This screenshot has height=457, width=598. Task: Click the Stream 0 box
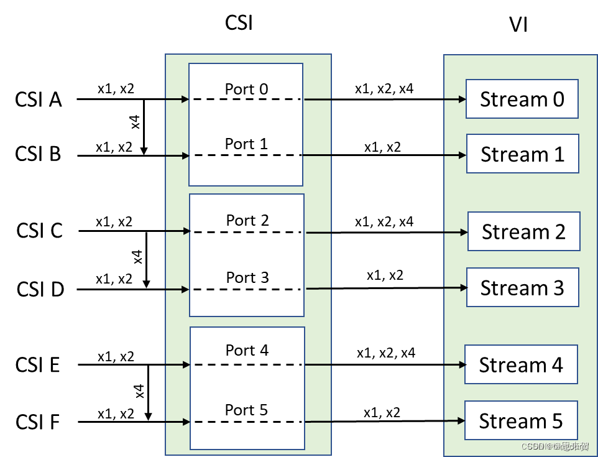(x=522, y=99)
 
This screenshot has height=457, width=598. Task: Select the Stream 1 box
(x=523, y=154)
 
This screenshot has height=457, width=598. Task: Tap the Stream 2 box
(x=524, y=231)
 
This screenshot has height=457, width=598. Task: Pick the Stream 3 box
(x=523, y=287)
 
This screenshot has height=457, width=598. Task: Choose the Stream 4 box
(x=522, y=364)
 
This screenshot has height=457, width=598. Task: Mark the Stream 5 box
(x=522, y=420)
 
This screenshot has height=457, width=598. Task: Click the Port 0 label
(x=246, y=90)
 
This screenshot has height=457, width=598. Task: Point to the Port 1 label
(x=246, y=144)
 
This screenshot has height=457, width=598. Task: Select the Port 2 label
(x=247, y=221)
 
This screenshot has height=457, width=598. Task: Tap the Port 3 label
(x=247, y=277)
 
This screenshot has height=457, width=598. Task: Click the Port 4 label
(x=247, y=351)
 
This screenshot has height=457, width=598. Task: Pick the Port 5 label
(x=246, y=410)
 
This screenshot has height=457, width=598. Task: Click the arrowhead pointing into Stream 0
(x=462, y=99)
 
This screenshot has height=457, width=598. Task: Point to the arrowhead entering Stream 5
(x=461, y=420)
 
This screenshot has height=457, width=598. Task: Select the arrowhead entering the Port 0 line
(x=185, y=99)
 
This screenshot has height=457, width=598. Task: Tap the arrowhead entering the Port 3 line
(x=185, y=289)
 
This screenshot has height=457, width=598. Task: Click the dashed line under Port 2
(x=247, y=232)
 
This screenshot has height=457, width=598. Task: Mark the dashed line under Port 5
(x=247, y=422)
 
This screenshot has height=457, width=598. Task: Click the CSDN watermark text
(x=554, y=446)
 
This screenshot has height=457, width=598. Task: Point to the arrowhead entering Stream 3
(x=463, y=287)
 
